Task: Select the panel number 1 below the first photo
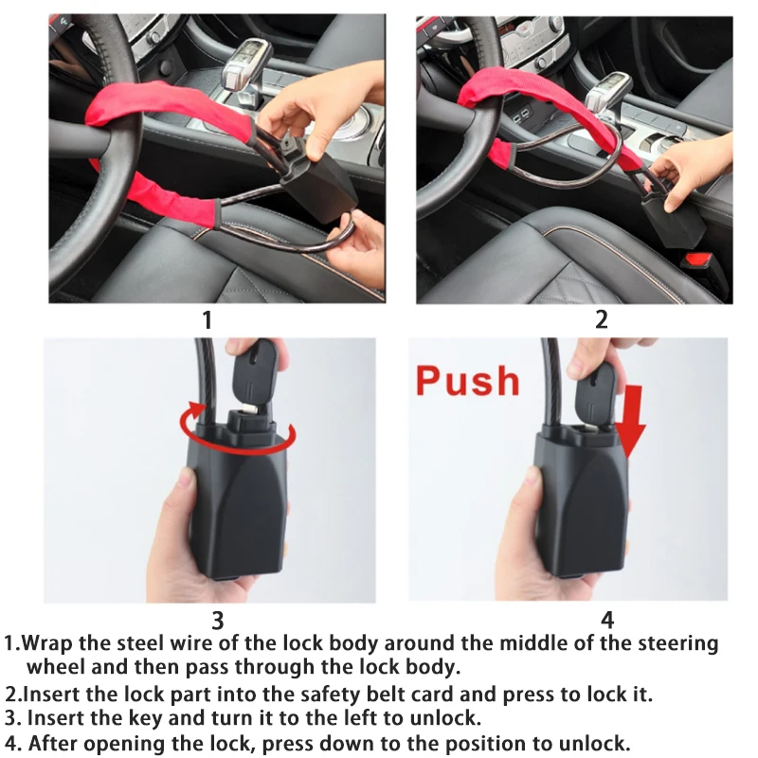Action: coord(208,320)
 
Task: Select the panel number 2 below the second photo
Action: coord(601,320)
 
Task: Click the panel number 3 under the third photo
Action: coord(217,621)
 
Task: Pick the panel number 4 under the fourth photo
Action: coord(607,621)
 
